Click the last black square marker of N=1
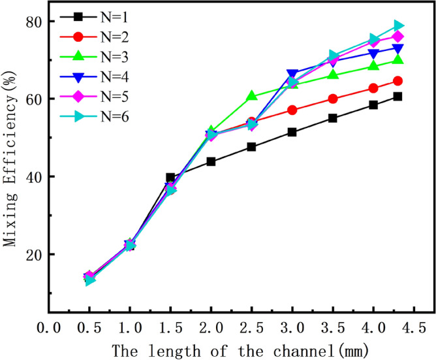coord(397,97)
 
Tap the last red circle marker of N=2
coord(397,81)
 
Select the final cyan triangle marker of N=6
coord(398,25)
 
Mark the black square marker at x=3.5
coord(333,118)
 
